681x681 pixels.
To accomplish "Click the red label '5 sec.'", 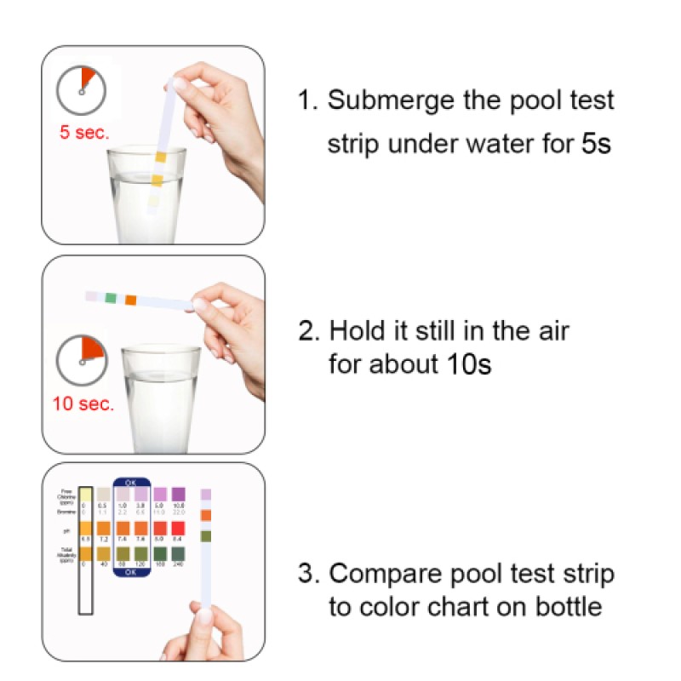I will click(84, 133).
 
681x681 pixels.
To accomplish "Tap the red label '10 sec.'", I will click(83, 403).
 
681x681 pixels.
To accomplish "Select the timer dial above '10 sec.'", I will click(82, 361).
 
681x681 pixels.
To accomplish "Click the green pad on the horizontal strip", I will click(111, 298).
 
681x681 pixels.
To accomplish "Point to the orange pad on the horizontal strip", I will click(130, 300).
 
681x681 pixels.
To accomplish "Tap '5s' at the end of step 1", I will click(596, 143).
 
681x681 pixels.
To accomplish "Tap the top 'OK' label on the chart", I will click(131, 482).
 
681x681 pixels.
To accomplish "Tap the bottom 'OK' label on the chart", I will click(131, 573).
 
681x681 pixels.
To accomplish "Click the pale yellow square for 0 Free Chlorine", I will click(84, 495).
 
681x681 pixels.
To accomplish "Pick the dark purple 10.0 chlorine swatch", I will click(178, 495).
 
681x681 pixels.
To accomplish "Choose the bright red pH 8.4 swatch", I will click(178, 528).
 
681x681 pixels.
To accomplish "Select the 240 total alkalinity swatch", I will click(178, 554).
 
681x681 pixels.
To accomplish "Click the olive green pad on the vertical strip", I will click(205, 536).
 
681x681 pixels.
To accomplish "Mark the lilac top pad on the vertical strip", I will click(205, 494).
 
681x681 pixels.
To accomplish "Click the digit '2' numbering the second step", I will click(306, 330).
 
